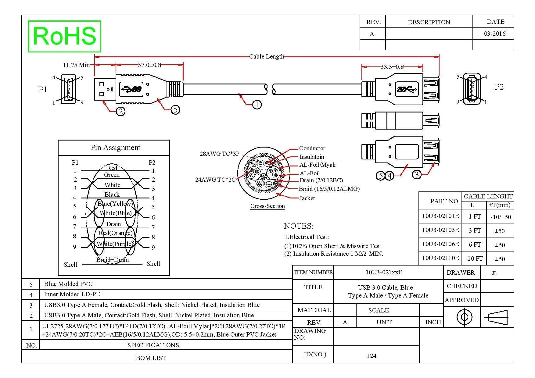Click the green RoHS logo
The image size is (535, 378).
tap(64, 36)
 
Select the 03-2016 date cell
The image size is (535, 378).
tap(495, 34)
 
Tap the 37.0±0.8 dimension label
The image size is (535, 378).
tap(149, 65)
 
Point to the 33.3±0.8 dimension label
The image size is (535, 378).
tap(392, 67)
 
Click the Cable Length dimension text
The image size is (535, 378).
tap(267, 56)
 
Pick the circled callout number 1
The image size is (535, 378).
tap(257, 105)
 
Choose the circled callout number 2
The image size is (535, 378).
tap(121, 112)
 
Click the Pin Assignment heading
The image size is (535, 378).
tap(115, 148)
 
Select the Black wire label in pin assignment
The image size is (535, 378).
tap(112, 194)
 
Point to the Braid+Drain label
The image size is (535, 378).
tap(112, 260)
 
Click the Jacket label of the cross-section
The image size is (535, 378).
tap(307, 198)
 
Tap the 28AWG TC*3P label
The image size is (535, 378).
tap(220, 154)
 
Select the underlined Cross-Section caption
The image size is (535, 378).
tap(267, 206)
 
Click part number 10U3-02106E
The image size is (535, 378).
tap(440, 244)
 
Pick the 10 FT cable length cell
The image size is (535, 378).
tap(475, 259)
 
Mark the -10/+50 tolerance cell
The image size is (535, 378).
tap(501, 217)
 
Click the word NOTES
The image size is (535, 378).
tap(298, 226)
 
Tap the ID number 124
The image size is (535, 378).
tap(371, 356)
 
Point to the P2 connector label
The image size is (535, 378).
tap(499, 87)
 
